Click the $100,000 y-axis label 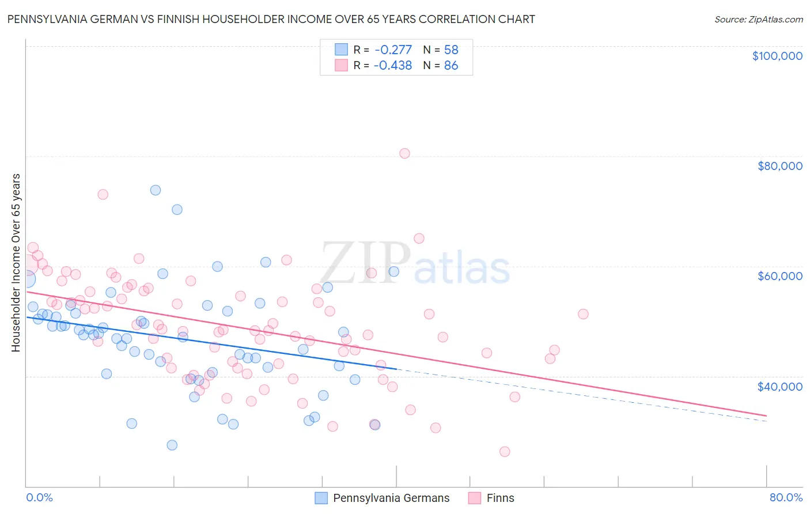[777, 56]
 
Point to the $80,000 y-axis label [779, 166]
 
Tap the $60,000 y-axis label [779, 276]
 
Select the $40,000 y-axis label [779, 386]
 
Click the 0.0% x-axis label [39, 497]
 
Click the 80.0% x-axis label [786, 497]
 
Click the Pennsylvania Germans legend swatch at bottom [321, 498]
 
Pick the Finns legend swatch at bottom [475, 498]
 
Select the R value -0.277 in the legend [393, 50]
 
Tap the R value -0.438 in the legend [393, 65]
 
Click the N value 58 [451, 50]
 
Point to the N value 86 [451, 65]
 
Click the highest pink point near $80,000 [404, 153]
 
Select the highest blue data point [156, 190]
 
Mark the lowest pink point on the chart [505, 452]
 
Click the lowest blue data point [172, 445]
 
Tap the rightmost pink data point [583, 314]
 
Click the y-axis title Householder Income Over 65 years [16, 263]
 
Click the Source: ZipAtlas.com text [758, 20]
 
